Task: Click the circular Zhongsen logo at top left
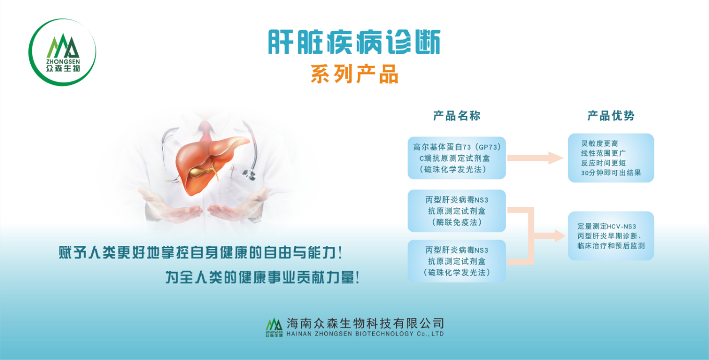62,52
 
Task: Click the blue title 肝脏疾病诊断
354,42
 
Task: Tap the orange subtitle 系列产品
354,75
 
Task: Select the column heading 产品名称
457,116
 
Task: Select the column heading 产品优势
611,116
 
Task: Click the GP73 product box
457,157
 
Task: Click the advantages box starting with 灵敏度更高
610,158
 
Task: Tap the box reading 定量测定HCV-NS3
610,236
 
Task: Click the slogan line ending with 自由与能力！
201,254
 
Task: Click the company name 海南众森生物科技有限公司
365,323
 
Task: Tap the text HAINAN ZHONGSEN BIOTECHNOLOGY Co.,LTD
365,334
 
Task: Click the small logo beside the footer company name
274,327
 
